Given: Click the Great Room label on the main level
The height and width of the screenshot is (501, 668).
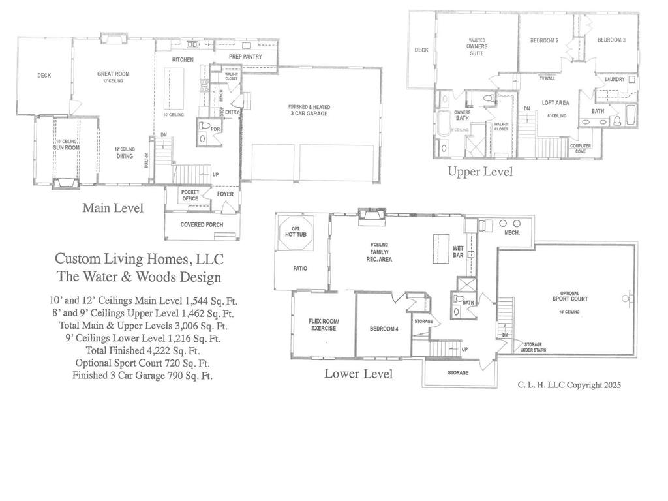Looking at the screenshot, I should click(x=114, y=74).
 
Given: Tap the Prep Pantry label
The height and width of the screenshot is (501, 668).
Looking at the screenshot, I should click(x=245, y=57).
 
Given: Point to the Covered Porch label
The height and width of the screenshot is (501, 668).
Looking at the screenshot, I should click(x=202, y=224).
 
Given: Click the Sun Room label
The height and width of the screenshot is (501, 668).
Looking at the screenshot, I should click(x=66, y=147).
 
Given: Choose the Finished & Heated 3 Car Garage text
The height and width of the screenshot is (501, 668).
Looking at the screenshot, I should click(x=309, y=110).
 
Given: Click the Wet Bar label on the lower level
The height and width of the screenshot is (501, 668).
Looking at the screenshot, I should click(x=458, y=251).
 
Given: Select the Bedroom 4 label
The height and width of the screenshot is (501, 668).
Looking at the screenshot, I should click(x=384, y=329).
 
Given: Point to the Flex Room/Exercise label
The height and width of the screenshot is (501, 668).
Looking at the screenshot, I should click(x=324, y=324).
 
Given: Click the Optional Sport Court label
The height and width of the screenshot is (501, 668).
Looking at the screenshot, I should click(x=565, y=296).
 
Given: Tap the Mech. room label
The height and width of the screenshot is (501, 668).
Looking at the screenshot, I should click(x=511, y=232).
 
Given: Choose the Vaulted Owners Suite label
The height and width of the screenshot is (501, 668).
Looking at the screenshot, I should click(x=477, y=46).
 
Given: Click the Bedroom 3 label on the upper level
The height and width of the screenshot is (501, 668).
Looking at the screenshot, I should click(x=611, y=40).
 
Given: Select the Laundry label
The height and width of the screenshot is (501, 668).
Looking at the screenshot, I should click(x=615, y=79).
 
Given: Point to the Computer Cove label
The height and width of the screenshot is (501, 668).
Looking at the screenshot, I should click(x=581, y=148).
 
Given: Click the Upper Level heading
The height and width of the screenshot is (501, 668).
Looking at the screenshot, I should click(x=479, y=172).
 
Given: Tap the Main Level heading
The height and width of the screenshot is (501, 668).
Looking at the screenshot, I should click(x=113, y=208).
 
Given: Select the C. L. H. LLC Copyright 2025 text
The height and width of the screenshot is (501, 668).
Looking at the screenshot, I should click(x=569, y=386).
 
